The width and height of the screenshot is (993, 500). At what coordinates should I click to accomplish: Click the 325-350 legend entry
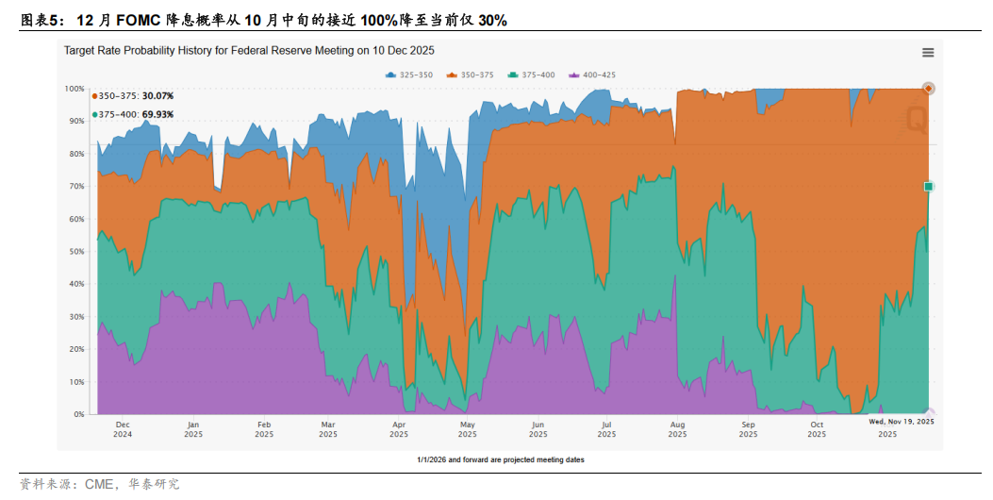(x=412, y=74)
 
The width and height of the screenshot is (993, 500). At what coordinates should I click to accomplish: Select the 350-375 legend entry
(x=474, y=74)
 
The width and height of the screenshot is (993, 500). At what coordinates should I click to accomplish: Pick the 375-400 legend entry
(x=536, y=74)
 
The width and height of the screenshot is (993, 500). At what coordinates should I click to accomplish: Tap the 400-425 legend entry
(x=596, y=74)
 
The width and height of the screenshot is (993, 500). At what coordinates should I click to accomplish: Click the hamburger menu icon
(x=928, y=53)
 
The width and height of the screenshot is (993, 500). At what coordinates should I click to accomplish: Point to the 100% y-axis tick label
(x=74, y=89)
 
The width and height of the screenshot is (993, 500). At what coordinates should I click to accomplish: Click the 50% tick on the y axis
(x=76, y=252)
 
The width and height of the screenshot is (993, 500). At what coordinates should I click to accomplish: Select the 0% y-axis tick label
(x=79, y=415)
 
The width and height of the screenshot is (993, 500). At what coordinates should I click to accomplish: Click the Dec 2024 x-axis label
(x=122, y=429)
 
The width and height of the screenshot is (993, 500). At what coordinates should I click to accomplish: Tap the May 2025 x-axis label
(x=468, y=429)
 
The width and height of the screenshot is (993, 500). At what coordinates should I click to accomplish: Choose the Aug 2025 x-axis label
(x=677, y=429)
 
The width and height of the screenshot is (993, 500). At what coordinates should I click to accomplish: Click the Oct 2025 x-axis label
(x=817, y=429)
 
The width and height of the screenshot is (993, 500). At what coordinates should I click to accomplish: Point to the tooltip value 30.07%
(x=157, y=96)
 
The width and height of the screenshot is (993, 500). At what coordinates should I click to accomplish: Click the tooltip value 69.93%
(x=157, y=114)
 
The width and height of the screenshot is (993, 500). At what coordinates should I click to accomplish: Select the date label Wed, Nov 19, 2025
(x=902, y=423)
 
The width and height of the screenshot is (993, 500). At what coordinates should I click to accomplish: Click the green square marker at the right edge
(x=929, y=187)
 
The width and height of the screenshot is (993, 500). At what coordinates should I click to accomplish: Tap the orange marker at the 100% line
(x=929, y=89)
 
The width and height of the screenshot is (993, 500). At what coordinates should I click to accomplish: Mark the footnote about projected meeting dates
(x=501, y=459)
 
